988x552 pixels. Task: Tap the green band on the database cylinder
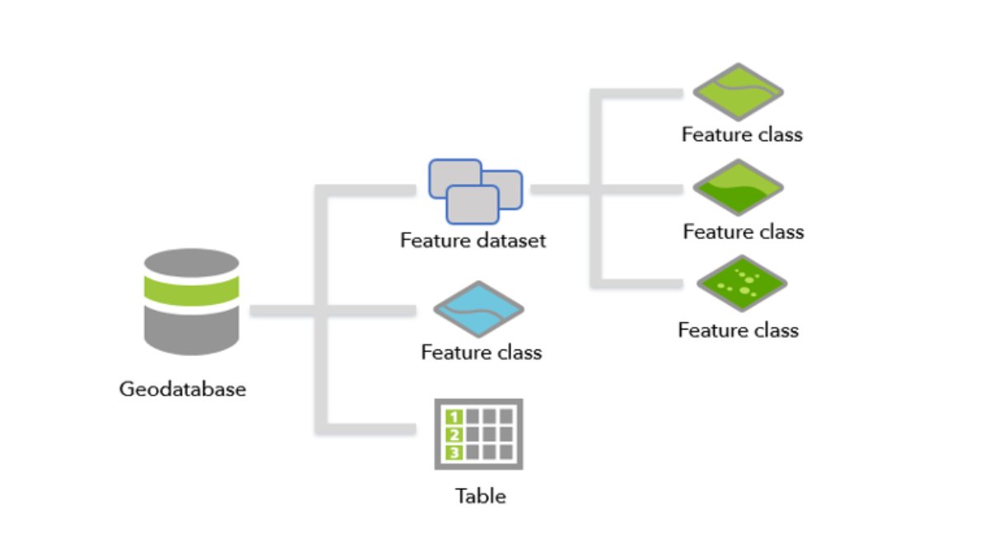[x=191, y=289]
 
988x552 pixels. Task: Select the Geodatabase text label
[x=183, y=388]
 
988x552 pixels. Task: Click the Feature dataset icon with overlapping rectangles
[x=475, y=191]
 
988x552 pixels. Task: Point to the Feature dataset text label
[x=473, y=241]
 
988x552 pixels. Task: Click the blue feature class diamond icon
[x=479, y=311]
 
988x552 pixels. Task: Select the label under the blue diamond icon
[x=481, y=353]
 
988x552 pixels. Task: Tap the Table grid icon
[x=478, y=434]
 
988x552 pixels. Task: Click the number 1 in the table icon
[x=452, y=417]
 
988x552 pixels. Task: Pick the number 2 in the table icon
[x=452, y=434]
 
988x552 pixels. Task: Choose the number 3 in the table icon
[x=452, y=451]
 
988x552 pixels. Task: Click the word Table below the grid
[x=480, y=496]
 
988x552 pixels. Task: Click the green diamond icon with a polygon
[x=738, y=189]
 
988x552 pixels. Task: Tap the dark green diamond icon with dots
[x=738, y=284]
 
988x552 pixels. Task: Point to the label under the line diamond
[x=741, y=134]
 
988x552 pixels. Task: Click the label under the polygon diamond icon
[x=743, y=232]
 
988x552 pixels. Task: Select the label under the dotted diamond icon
[x=738, y=330]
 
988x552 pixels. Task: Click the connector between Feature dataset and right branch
[x=560, y=189]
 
